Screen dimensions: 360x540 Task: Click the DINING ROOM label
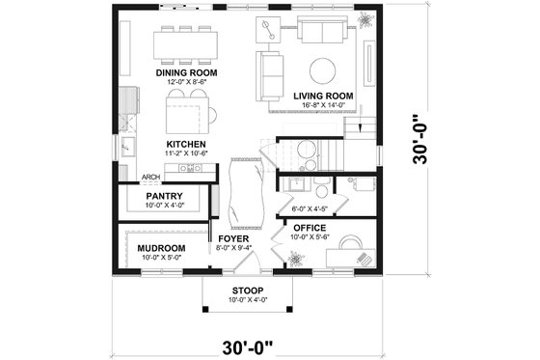coord(185,72)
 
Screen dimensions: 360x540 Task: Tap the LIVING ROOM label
coord(322,96)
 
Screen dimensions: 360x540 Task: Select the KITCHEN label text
coord(185,144)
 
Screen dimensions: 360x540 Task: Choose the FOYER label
coord(234,237)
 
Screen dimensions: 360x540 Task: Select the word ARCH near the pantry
coord(150,178)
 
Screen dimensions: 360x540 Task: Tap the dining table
coord(185,42)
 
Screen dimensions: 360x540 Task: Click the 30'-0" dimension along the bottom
coord(247,345)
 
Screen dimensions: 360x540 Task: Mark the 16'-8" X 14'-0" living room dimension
coord(322,105)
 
